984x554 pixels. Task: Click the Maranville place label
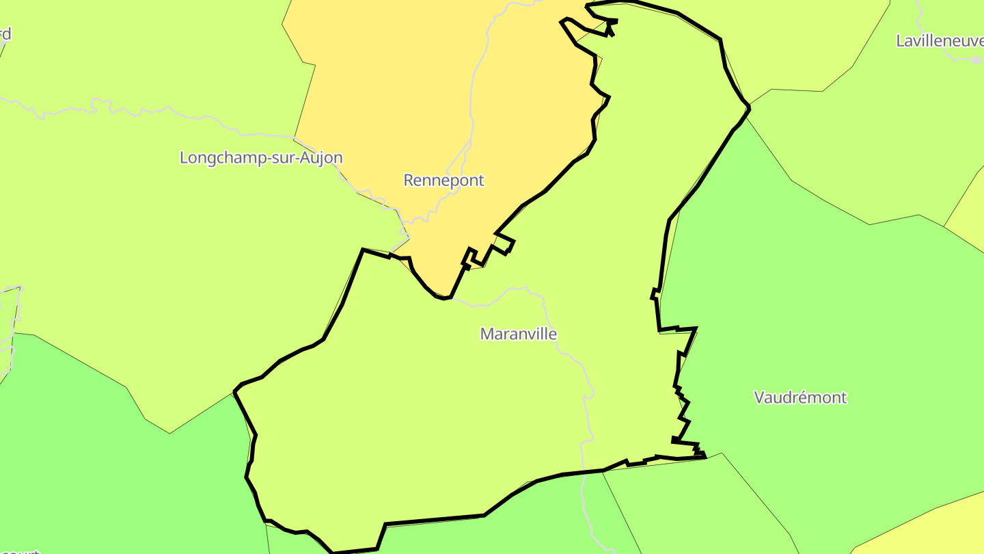coord(519,334)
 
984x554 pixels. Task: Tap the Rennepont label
coord(443,180)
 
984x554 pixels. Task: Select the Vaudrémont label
coord(800,397)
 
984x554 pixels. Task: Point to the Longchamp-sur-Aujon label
coord(261,157)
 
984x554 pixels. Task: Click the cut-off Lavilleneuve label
coord(940,41)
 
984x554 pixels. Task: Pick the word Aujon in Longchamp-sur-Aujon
coord(323,157)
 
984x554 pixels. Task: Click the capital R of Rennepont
coord(409,180)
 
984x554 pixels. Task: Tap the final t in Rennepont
coord(481,180)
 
